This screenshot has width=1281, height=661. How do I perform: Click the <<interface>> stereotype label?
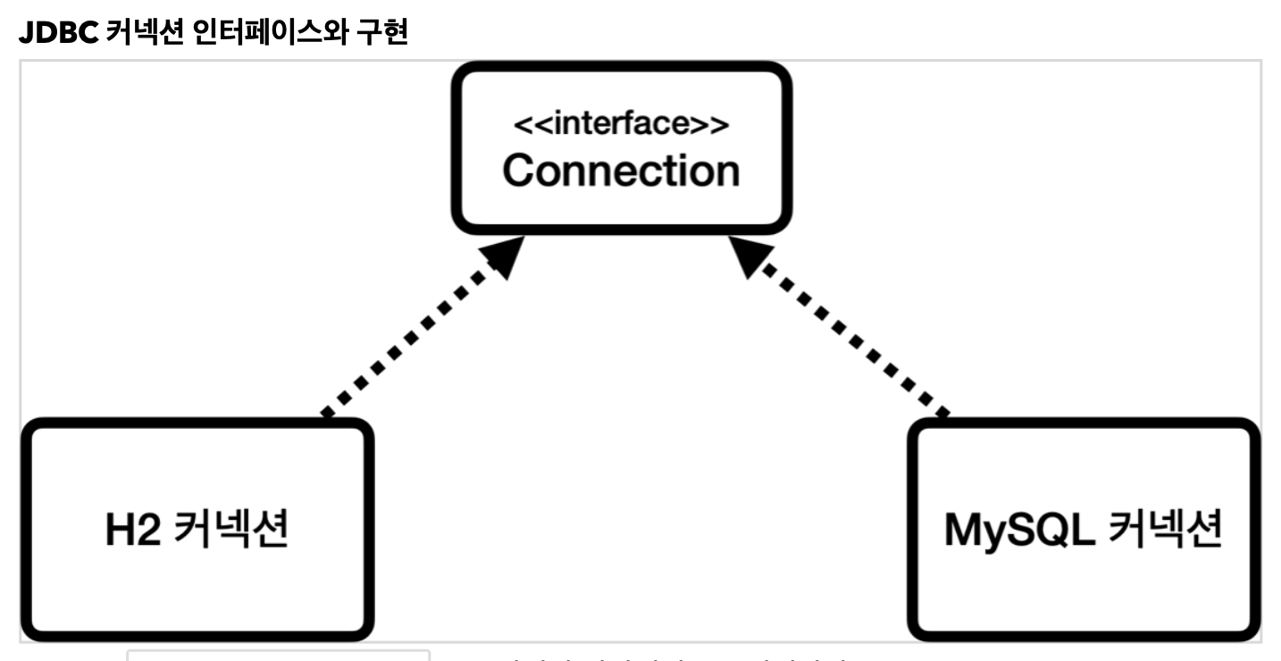[621, 125]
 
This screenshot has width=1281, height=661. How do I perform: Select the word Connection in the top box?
[621, 170]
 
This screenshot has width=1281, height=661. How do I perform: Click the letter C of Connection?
[518, 170]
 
